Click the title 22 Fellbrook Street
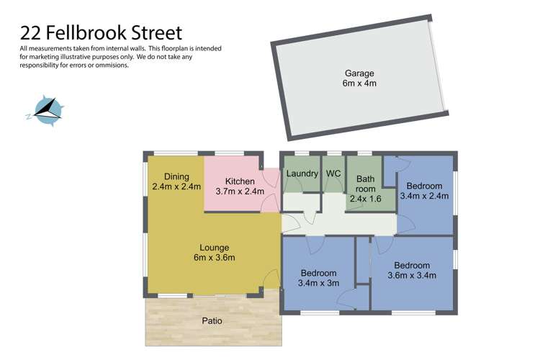click(101, 32)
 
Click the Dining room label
click(176, 176)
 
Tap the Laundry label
click(302, 174)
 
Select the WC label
click(333, 174)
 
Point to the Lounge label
click(215, 247)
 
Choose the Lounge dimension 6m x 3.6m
click(215, 258)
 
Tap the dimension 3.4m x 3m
click(319, 284)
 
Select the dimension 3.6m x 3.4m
click(412, 275)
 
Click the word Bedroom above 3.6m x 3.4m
click(412, 265)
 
